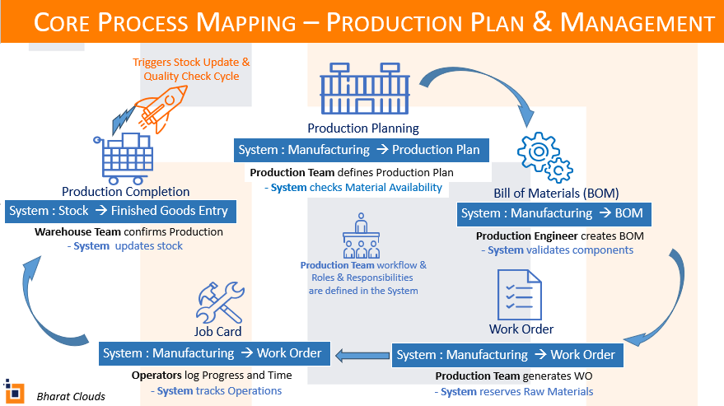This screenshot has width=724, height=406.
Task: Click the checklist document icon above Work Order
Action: [x=521, y=292]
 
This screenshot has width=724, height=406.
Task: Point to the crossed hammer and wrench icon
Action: [x=220, y=302]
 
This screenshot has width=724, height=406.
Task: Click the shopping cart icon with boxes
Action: [x=126, y=158]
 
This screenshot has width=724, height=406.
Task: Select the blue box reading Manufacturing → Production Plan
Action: [x=359, y=150]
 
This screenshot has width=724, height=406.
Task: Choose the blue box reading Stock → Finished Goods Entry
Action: [x=119, y=211]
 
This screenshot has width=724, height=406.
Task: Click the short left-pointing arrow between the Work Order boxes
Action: [x=360, y=355]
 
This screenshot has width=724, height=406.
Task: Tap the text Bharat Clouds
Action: [x=71, y=396]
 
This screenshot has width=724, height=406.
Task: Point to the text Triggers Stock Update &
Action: [x=191, y=62]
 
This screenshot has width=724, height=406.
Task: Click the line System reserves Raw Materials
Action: [x=514, y=391]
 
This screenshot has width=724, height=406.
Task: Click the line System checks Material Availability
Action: [x=353, y=188]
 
